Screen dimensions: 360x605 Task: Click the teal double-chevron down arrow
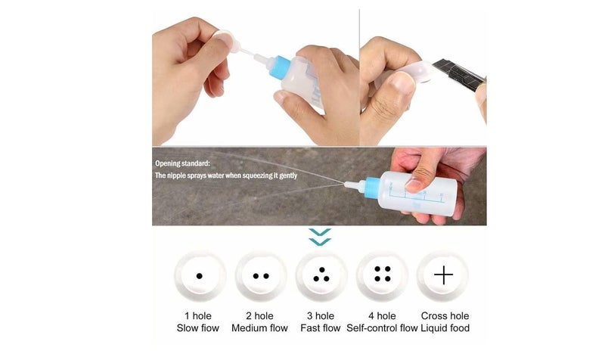coord(321,237)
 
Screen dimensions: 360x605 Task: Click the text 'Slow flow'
coord(199,328)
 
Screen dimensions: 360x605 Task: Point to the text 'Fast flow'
coord(321,328)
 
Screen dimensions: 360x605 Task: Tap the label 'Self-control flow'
coord(382,328)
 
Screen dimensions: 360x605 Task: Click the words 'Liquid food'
coord(444,328)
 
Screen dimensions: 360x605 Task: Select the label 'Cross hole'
coord(444,315)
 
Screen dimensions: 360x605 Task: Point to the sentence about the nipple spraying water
coord(226,175)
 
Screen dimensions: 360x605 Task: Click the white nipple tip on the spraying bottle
coord(349,184)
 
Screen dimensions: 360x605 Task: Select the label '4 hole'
coord(382,315)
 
